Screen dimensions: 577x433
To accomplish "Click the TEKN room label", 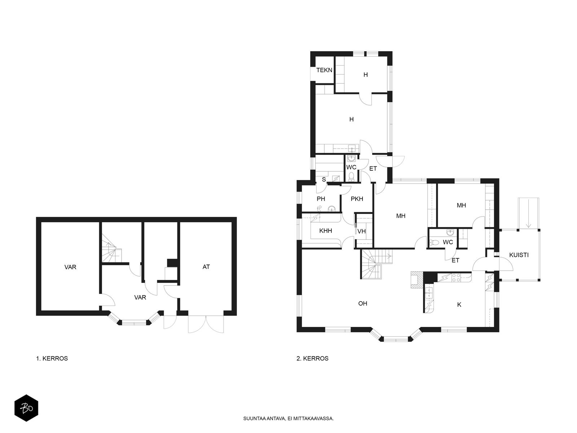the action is tap(324, 70).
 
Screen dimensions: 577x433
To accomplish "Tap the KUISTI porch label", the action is tap(519, 255).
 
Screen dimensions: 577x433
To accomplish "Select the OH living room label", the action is tap(362, 303).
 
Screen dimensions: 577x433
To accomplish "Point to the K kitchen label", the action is tap(459, 305).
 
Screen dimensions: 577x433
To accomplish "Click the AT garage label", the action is tap(206, 267).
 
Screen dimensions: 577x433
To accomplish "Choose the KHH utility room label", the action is tap(325, 231).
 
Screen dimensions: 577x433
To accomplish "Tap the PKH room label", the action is tap(357, 199).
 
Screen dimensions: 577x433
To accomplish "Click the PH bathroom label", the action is tap(321, 199).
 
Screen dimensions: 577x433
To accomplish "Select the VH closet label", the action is tap(362, 231).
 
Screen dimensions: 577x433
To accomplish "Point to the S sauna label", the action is tap(324, 180).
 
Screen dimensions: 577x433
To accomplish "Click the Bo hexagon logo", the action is tap(26, 408).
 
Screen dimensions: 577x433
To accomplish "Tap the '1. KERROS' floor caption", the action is tap(52, 358).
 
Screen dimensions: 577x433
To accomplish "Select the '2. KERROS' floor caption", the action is tap(313, 358).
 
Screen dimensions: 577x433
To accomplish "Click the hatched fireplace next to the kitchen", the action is tap(417, 280).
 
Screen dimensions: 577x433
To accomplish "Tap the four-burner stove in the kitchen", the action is tap(456, 277).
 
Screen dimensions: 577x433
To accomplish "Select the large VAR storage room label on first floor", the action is tap(70, 267).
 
